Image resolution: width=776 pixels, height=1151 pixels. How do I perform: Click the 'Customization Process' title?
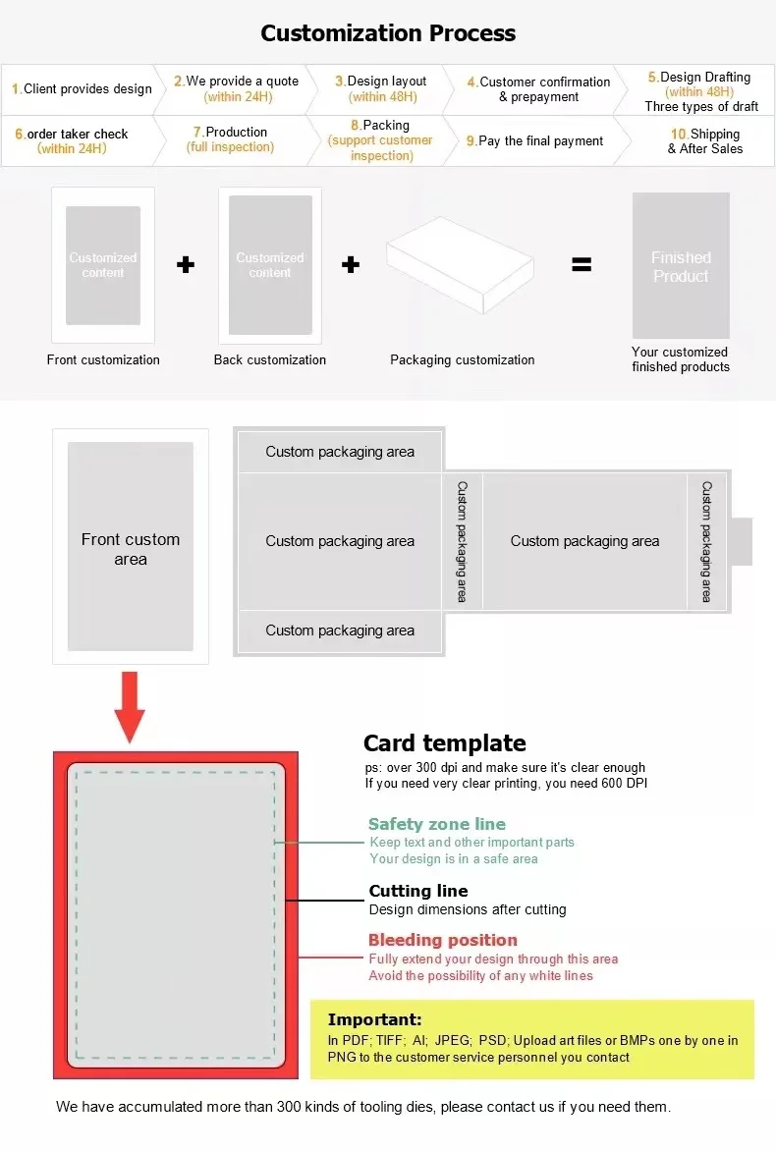pyautogui.click(x=388, y=33)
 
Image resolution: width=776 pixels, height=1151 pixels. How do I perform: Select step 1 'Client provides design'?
pyautogui.click(x=83, y=89)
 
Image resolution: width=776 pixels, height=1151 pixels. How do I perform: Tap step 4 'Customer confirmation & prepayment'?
pyautogui.click(x=538, y=89)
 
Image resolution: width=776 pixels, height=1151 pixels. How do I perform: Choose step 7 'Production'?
pyautogui.click(x=230, y=139)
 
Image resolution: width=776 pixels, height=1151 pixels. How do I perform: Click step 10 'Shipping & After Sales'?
pyautogui.click(x=705, y=141)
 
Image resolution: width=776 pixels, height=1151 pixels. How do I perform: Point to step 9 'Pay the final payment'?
pyautogui.click(x=534, y=141)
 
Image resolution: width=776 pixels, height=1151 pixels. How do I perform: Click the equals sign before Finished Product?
pyautogui.click(x=582, y=264)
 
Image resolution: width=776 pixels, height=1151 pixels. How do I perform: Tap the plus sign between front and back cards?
pyautogui.click(x=185, y=264)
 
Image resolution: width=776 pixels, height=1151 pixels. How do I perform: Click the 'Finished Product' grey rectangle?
pyautogui.click(x=681, y=266)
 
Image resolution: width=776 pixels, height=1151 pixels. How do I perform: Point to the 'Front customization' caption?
pyautogui.click(x=103, y=360)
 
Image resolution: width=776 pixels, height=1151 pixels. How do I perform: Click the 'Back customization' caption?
pyautogui.click(x=270, y=360)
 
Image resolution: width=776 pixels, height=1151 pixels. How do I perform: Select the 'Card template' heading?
pyautogui.click(x=445, y=743)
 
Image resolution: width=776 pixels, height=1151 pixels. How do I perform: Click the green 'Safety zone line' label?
pyautogui.click(x=437, y=825)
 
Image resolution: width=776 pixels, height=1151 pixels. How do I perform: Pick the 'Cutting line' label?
pyautogui.click(x=418, y=892)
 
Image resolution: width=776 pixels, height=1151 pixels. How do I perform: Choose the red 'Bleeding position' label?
pyautogui.click(x=443, y=941)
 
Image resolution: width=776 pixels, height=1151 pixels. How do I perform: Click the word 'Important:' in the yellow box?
pyautogui.click(x=374, y=1019)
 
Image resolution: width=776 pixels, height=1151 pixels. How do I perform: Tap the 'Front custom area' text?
pyautogui.click(x=131, y=549)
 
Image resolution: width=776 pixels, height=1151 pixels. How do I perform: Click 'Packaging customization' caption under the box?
pyautogui.click(x=463, y=360)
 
